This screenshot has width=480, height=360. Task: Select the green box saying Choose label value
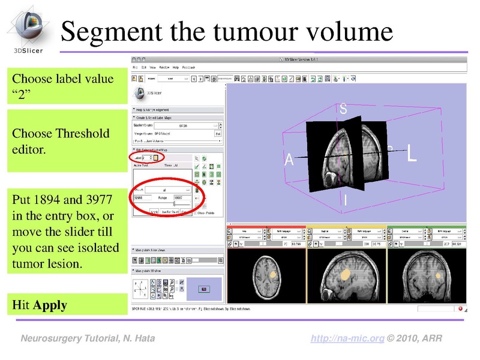pyautogui.click(x=66, y=87)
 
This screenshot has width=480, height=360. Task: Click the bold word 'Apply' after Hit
pyautogui.click(x=50, y=305)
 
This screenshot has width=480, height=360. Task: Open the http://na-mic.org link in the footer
pyautogui.click(x=347, y=339)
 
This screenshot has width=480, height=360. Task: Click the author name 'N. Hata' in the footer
pyautogui.click(x=136, y=339)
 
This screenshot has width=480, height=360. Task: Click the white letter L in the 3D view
pyautogui.click(x=412, y=154)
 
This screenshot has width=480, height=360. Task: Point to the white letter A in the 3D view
pyautogui.click(x=289, y=160)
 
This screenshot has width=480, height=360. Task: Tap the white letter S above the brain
pyautogui.click(x=343, y=109)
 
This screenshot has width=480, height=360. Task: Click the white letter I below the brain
pyautogui.click(x=345, y=200)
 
